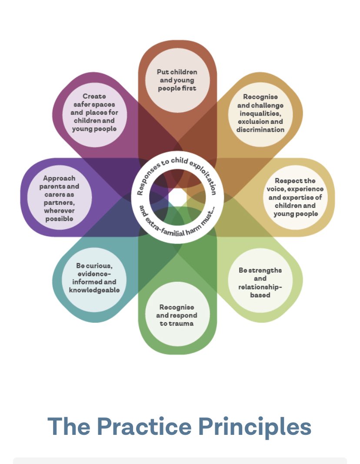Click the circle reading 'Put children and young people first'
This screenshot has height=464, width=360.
(177, 80)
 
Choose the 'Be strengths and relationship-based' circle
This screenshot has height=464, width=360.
(260, 282)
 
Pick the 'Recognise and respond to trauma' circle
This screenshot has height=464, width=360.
(177, 315)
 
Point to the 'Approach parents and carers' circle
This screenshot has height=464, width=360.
(59, 198)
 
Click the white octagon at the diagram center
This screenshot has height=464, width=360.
(177, 197)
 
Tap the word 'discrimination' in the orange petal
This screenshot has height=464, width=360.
(260, 130)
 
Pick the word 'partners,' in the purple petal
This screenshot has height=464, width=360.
(59, 203)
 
